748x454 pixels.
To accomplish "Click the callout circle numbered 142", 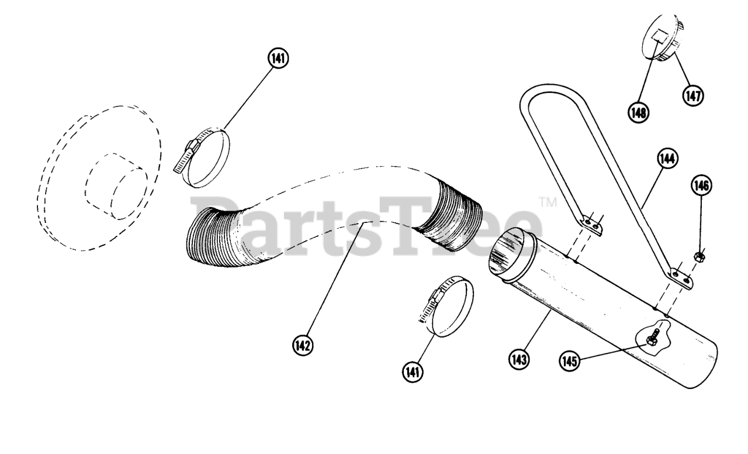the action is tap(303, 345).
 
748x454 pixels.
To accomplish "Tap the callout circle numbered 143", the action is tap(519, 359).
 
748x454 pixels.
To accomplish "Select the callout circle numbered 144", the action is tap(667, 159).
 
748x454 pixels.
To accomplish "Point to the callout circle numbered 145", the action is tap(570, 361).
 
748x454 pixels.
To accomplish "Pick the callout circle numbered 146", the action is tap(701, 185).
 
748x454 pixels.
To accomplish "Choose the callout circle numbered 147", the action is tap(693, 96).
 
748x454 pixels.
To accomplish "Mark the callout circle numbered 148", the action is tap(638, 113).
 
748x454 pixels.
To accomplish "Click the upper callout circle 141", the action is tap(278, 58).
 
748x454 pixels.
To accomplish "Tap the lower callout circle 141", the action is tap(413, 372).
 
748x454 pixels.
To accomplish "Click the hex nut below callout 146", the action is tap(697, 257).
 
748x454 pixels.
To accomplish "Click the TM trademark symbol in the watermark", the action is tap(548, 202).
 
